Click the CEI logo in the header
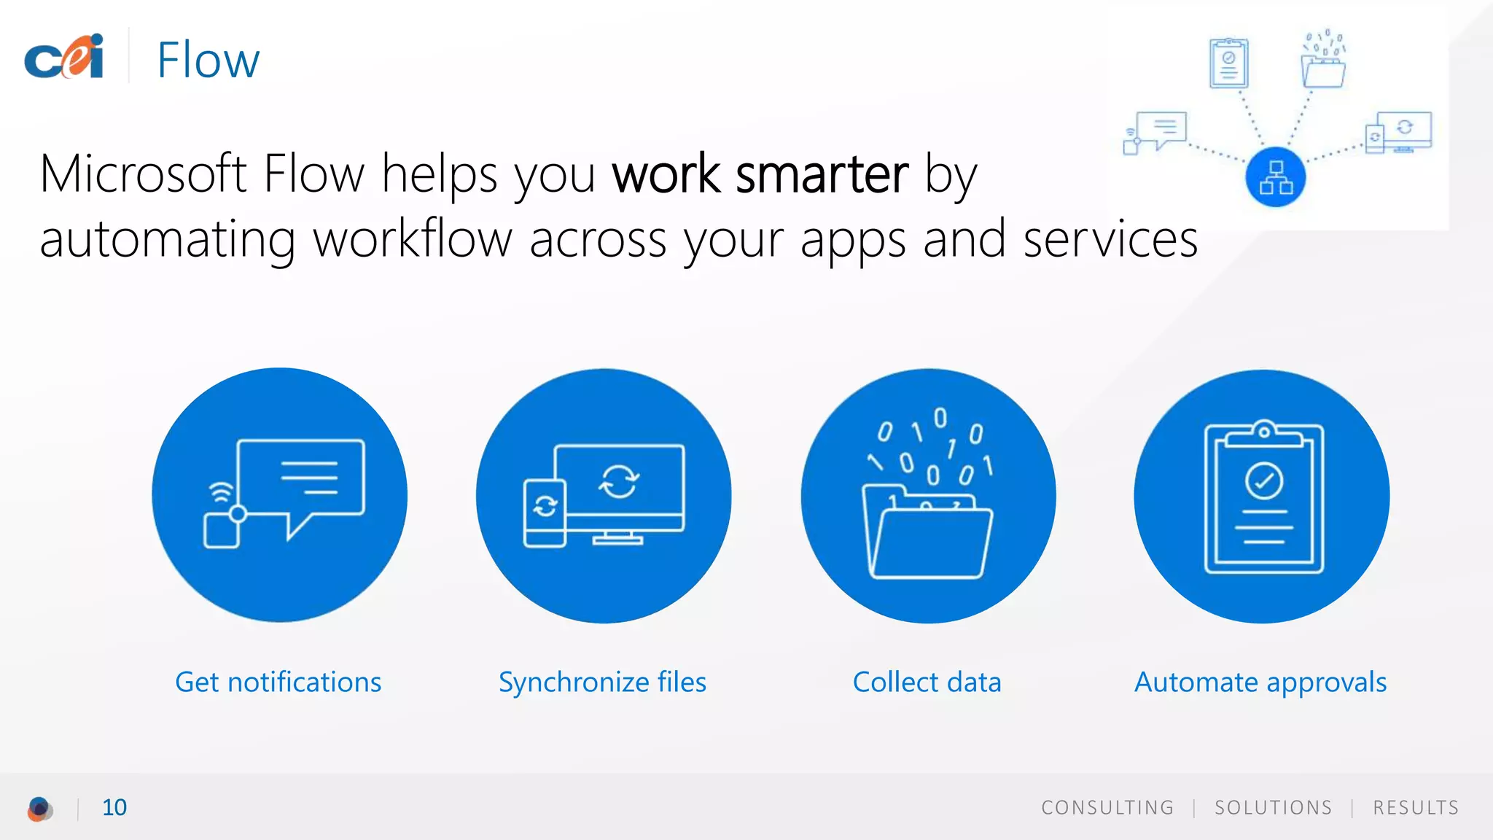(x=64, y=57)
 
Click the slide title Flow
(x=208, y=60)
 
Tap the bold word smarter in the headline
(x=822, y=175)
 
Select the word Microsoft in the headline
(x=143, y=175)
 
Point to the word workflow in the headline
(x=413, y=239)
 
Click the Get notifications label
(x=278, y=682)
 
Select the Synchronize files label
(x=602, y=682)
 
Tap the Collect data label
(x=927, y=682)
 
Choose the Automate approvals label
(x=1260, y=682)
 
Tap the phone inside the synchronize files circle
(x=545, y=513)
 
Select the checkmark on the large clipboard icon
(x=1264, y=481)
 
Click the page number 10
(x=114, y=808)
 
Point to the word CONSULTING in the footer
(x=1107, y=808)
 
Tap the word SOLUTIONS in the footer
(x=1273, y=808)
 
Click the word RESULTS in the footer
(x=1416, y=808)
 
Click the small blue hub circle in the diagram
(x=1276, y=177)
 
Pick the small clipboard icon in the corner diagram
(x=1229, y=63)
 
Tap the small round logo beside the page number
(x=40, y=809)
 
